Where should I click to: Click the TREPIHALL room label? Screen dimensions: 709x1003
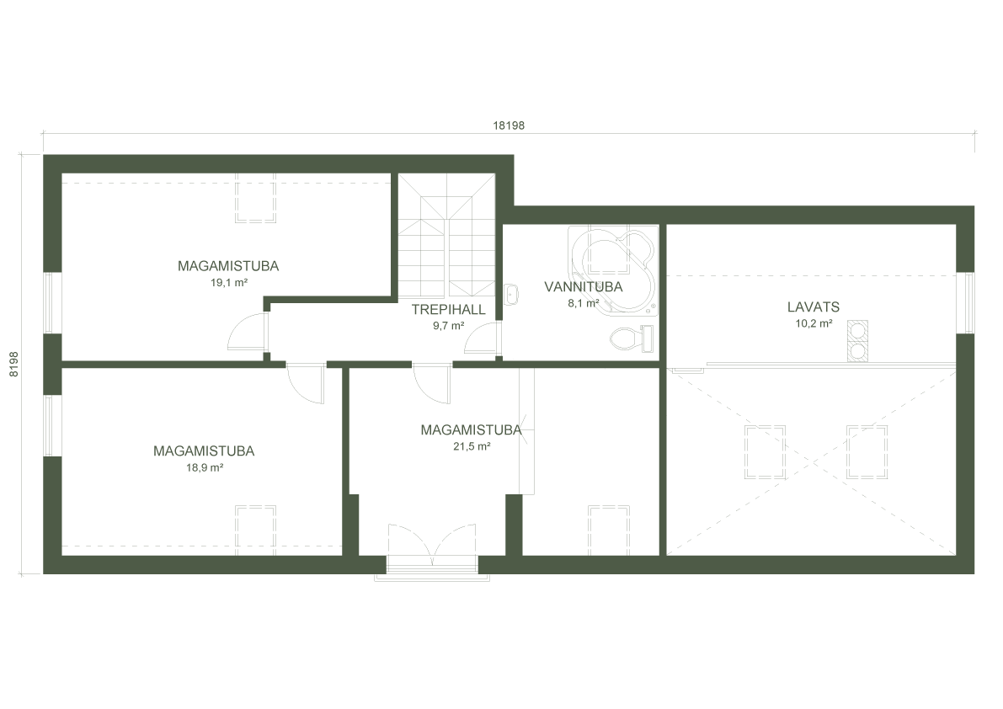point(448,310)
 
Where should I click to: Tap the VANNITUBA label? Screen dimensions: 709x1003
point(583,287)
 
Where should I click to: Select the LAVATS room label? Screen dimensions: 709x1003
point(814,307)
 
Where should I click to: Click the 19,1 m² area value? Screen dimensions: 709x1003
point(228,283)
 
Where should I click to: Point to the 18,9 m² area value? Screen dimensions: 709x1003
point(204,467)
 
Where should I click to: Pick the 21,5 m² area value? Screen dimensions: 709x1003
point(472,447)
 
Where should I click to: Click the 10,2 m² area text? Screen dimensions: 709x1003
point(814,323)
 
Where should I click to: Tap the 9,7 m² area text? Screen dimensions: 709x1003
point(448,326)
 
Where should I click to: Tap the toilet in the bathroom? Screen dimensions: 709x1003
point(630,338)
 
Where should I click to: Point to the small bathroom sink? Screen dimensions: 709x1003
point(511,294)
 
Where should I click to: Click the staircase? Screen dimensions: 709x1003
point(445,235)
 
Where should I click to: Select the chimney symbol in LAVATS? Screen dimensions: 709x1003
point(858,341)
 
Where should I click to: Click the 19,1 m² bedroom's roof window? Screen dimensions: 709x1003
point(255,197)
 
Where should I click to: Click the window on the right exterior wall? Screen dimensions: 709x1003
point(968,302)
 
